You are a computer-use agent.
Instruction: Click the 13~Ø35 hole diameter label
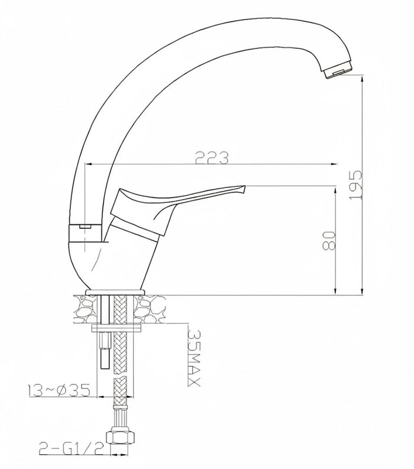point(57,391)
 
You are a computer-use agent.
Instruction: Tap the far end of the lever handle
point(242,189)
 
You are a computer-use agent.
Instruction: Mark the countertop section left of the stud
point(85,309)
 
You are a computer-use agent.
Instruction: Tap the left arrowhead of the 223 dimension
point(89,164)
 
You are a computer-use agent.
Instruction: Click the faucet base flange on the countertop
point(116,292)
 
